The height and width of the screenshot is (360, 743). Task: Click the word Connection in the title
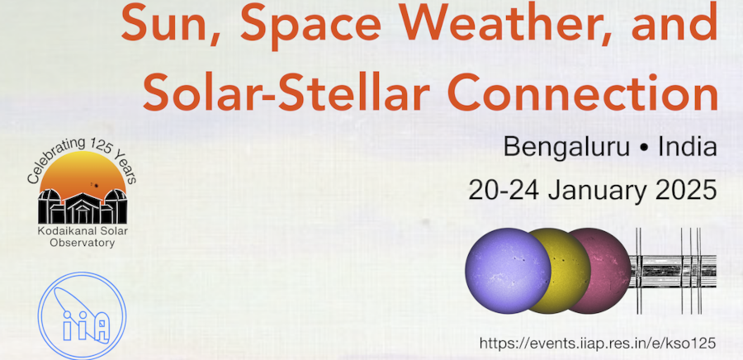click(583, 92)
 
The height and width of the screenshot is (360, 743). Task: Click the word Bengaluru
click(566, 147)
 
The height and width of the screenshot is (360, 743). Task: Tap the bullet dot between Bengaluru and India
click(645, 149)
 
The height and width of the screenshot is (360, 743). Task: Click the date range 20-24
click(504, 191)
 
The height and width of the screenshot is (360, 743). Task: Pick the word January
click(597, 192)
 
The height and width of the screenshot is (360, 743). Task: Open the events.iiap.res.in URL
click(597, 343)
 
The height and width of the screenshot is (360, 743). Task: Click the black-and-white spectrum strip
click(673, 271)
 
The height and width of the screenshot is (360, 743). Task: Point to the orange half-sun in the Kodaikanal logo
click(83, 173)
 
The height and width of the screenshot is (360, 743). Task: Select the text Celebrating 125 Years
click(82, 150)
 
